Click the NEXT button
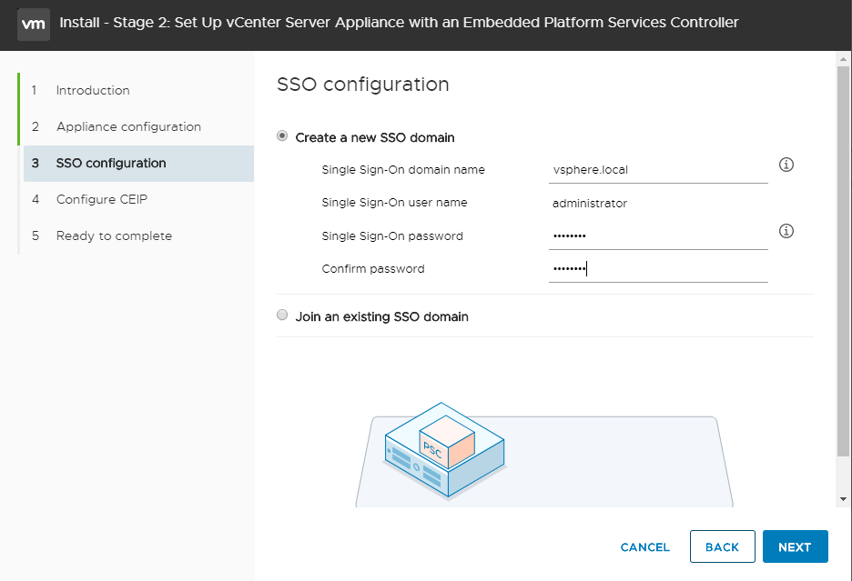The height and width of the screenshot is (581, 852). pyautogui.click(x=795, y=546)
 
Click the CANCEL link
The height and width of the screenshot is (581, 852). pyautogui.click(x=644, y=547)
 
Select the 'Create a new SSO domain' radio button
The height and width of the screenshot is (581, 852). pyautogui.click(x=282, y=137)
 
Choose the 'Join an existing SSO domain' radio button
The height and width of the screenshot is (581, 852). pyautogui.click(x=282, y=316)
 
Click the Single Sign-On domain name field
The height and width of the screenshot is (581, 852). pyautogui.click(x=658, y=169)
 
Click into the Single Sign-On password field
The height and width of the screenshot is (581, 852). pyautogui.click(x=658, y=236)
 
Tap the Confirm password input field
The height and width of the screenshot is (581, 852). pyautogui.click(x=658, y=269)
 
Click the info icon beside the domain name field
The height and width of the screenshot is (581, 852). pyautogui.click(x=787, y=165)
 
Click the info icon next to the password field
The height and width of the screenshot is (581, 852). pyautogui.click(x=787, y=231)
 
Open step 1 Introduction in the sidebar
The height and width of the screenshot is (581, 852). pyautogui.click(x=93, y=90)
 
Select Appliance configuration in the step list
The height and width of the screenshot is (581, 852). pyautogui.click(x=128, y=126)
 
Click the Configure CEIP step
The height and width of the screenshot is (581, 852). pyautogui.click(x=102, y=199)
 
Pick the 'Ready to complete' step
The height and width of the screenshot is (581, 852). pyautogui.click(x=114, y=235)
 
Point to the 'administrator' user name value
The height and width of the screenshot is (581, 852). pyautogui.click(x=590, y=203)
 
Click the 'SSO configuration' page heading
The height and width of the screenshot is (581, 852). pyautogui.click(x=362, y=85)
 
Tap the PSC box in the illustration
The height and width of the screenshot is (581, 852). pyautogui.click(x=446, y=438)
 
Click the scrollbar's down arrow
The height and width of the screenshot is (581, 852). pyautogui.click(x=843, y=498)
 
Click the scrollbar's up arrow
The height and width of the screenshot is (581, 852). pyautogui.click(x=843, y=59)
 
